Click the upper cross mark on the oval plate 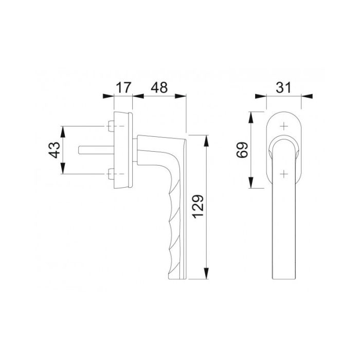tap(284, 125)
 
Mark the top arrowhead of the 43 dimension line tap(64, 129)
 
